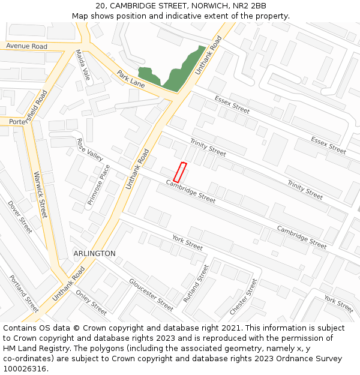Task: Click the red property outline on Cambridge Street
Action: [179, 172]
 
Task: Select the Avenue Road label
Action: [26, 46]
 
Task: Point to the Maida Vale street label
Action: [83, 65]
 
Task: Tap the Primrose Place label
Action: [99, 185]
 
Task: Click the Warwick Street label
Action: [40, 195]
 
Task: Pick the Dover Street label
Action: [20, 217]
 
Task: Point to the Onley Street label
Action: [91, 302]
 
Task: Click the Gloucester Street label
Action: [151, 295]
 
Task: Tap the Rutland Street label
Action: [196, 284]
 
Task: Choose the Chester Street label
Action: [244, 297]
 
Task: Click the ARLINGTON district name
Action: [94, 254]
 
